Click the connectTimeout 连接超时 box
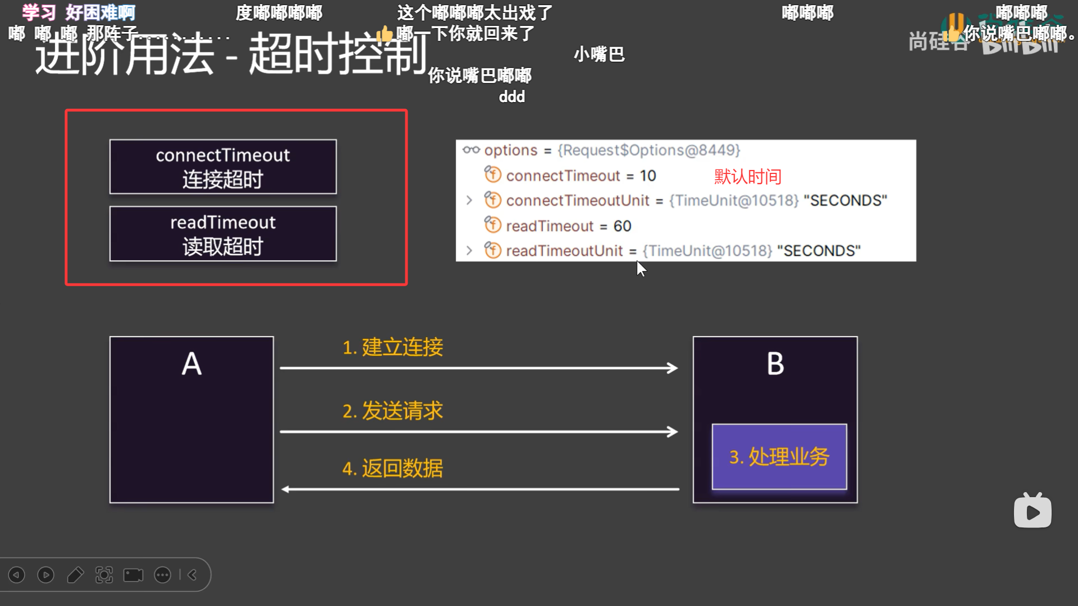[223, 167]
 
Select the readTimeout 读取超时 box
[223, 233]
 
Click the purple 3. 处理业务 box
[779, 457]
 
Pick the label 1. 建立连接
[392, 347]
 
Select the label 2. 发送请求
[392, 411]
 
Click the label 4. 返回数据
[392, 469]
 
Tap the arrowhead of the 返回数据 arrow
[286, 489]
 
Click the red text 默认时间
[747, 177]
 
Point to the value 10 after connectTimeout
[648, 176]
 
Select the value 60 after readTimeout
[622, 226]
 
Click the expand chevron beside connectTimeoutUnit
[469, 200]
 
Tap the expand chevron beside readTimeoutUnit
[469, 250]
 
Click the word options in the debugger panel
[511, 150]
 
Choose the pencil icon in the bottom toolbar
[75, 575]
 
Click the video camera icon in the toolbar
[133, 575]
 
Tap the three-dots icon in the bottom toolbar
[162, 575]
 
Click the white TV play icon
[1033, 511]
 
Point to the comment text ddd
[511, 97]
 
